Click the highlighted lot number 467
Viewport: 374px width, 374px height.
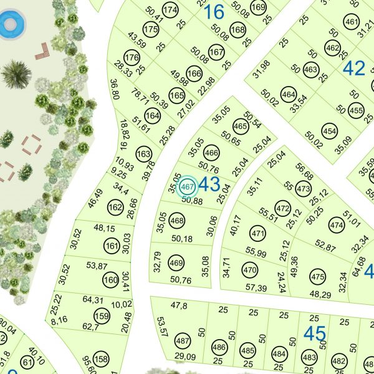pos(188,186)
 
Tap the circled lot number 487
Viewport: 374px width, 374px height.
pos(182,342)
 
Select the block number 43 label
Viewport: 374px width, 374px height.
pos(209,184)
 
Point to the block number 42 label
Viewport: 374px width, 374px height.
pos(354,68)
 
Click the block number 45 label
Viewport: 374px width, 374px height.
pos(314,333)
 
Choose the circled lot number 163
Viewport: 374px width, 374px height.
pos(143,154)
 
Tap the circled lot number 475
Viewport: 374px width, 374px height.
pos(318,277)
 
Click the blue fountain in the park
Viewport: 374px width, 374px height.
pos(10,25)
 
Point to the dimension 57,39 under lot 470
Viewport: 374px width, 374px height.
pos(256,287)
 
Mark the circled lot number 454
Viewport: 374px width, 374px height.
pos(329,131)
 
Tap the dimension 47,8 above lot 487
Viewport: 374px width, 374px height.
pos(179,305)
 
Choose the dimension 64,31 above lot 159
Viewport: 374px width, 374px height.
pos(93,300)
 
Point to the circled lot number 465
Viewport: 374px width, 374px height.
pos(240,127)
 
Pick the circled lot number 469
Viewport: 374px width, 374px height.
pos(176,262)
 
